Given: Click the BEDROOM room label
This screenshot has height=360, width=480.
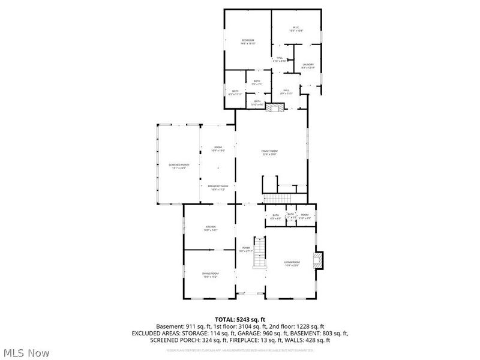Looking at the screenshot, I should tap(248, 40).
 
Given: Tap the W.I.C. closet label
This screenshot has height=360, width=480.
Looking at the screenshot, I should tap(296, 27).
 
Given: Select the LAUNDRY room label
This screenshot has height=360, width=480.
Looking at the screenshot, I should tap(308, 65).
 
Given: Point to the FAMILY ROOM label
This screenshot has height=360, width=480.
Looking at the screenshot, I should tap(269, 151).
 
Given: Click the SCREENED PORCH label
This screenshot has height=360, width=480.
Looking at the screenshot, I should tap(178, 166).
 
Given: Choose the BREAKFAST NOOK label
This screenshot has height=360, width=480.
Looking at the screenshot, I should tap(217, 187).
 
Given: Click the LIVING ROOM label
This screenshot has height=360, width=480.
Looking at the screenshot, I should tap(292, 262).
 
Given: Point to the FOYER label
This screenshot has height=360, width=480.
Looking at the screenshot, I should tap(246, 247).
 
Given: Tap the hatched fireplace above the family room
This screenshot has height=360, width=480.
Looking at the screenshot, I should tap(275, 108).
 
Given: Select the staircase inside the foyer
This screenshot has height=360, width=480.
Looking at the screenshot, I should tap(259, 253).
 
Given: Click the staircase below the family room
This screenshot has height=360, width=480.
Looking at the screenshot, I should tap(278, 199).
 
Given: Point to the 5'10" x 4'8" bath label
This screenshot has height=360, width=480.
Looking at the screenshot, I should tap(257, 103).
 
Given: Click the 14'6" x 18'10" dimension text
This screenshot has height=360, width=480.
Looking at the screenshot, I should tap(248, 44).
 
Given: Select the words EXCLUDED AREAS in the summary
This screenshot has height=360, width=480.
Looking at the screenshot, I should tap(152, 333).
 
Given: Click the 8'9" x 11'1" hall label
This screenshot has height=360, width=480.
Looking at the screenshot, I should tap(286, 92).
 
